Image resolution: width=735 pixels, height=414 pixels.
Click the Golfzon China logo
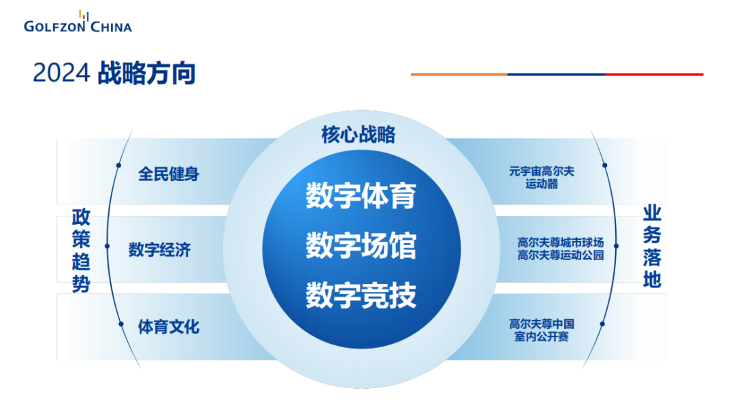(77, 22)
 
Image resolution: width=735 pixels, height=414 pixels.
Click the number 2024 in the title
(61, 74)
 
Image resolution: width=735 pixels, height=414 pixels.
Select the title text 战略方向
(146, 74)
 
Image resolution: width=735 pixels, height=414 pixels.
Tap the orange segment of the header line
(459, 74)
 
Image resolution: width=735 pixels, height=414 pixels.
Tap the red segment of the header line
(654, 74)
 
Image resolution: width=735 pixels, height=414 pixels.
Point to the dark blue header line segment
(556, 74)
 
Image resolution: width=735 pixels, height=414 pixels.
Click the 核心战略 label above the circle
(358, 135)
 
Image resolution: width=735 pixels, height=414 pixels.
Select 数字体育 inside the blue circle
(360, 195)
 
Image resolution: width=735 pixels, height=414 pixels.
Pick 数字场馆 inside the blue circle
(360, 246)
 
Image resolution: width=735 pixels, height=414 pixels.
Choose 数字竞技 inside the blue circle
(360, 296)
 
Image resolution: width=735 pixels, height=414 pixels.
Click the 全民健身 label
(169, 174)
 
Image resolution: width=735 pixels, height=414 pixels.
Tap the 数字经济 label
(159, 250)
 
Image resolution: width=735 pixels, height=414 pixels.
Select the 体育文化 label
(169, 327)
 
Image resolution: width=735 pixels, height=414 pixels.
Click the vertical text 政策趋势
(81, 251)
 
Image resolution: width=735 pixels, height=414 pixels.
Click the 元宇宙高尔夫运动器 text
(541, 178)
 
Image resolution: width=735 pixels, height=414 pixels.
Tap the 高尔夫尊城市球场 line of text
(560, 242)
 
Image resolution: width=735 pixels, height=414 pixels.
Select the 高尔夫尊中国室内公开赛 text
(542, 330)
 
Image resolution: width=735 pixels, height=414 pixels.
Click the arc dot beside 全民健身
(118, 165)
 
